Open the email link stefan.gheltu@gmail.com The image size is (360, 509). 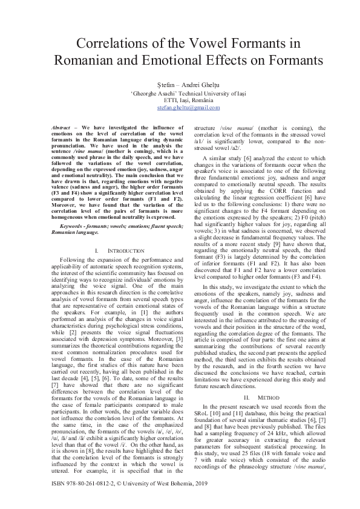pos(180,107)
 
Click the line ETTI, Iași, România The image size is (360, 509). pos(180,100)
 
